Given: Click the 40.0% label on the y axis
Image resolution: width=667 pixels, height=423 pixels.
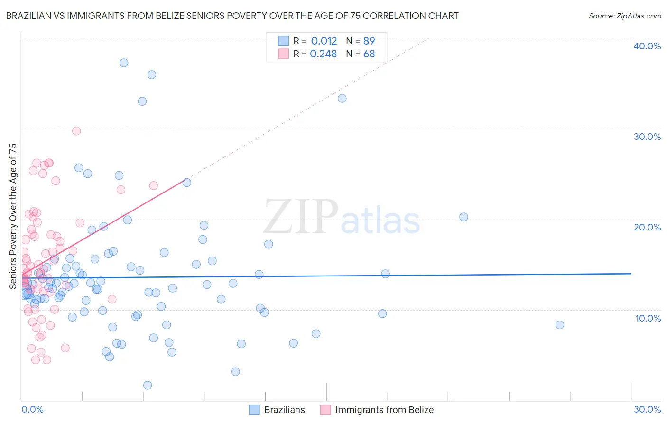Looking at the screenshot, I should (647, 46).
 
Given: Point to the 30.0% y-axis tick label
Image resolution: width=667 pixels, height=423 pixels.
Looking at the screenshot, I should (647, 137).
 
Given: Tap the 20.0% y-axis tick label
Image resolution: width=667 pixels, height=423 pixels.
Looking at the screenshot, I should (647, 227).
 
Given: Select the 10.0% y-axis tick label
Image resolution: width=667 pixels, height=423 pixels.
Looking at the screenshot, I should (648, 318).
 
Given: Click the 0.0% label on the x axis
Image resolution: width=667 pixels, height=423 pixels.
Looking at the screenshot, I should (32, 409).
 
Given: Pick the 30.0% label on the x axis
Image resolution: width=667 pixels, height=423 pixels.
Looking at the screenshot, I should (647, 409).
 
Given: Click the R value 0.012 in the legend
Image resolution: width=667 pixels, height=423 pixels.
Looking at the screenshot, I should (324, 41).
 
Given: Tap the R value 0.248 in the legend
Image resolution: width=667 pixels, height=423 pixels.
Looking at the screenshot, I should (324, 54).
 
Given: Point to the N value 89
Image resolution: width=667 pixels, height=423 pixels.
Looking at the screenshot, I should (369, 41).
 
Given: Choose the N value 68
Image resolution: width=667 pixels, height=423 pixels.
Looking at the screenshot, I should (369, 54).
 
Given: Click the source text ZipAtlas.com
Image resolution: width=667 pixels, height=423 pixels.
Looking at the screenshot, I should (639, 16).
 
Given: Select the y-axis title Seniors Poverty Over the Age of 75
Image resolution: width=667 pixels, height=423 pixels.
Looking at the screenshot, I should (13, 216).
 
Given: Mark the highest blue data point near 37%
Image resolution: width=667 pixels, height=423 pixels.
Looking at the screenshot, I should (124, 63).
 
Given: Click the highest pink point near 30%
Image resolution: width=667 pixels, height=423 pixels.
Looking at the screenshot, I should (76, 131).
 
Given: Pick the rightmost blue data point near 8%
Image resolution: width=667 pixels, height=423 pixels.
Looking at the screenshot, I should (560, 325).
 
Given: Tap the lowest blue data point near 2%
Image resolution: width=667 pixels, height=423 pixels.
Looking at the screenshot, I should (148, 385).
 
